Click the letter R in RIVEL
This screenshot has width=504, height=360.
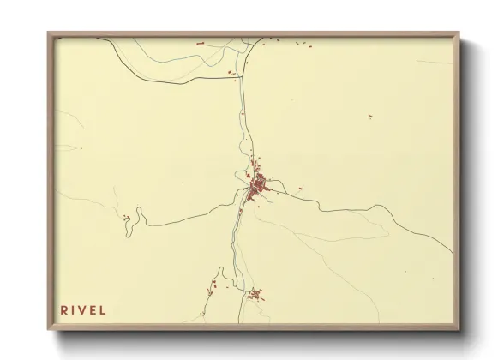coord(64,309)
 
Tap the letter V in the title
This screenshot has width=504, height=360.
coord(84,309)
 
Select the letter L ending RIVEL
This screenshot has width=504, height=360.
coord(104,309)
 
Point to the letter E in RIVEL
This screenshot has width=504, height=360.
coord(94,309)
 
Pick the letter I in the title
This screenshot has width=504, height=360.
coord(75,309)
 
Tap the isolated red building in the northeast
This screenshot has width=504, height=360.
coord(370,116)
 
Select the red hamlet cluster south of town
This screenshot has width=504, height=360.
coord(255,296)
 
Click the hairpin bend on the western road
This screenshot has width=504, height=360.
coord(139,214)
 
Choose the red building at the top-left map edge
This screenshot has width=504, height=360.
coord(200,42)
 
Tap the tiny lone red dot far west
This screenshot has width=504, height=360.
coord(80,147)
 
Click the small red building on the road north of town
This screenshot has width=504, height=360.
coord(243,112)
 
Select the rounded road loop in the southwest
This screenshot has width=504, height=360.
coord(221,273)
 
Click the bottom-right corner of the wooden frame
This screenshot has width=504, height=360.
coord(459,329)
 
